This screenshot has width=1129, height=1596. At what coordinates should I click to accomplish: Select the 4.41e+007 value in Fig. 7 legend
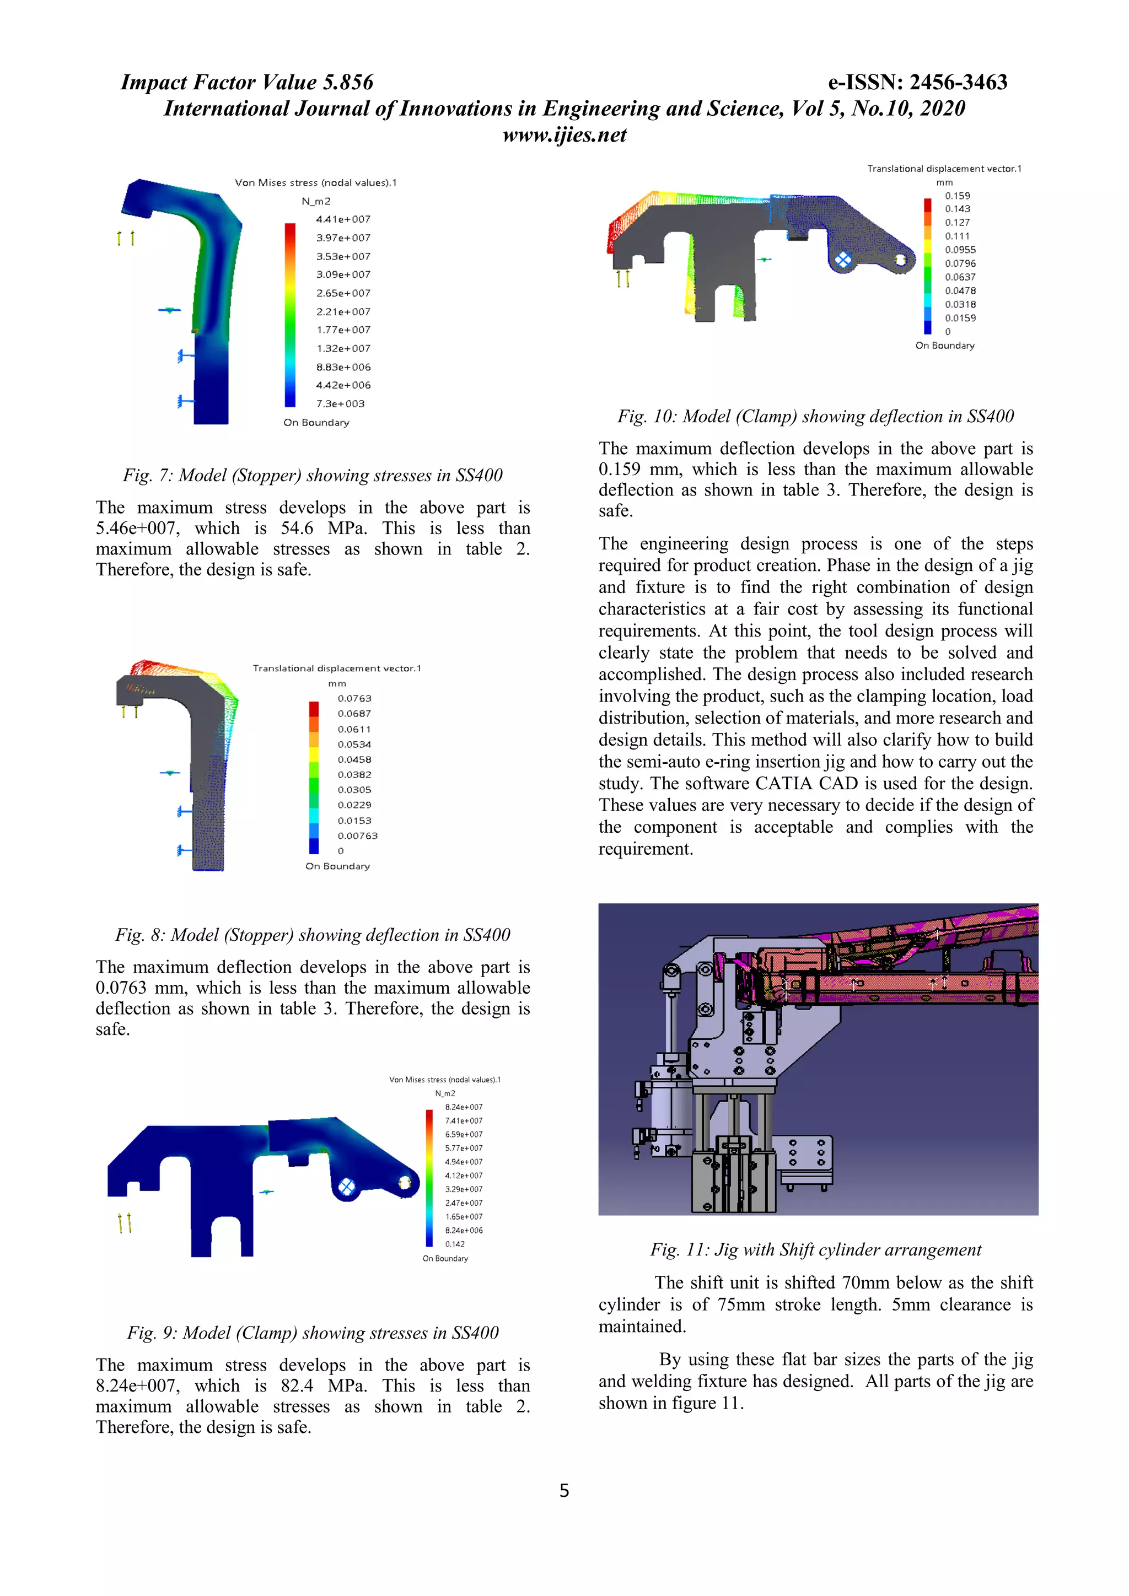pyautogui.click(x=343, y=219)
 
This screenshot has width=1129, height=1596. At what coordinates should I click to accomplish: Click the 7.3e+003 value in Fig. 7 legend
pyautogui.click(x=340, y=404)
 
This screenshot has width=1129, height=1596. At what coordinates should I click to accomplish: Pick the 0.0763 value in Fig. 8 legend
pyautogui.click(x=354, y=698)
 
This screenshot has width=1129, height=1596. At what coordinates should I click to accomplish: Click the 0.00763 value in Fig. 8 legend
pyautogui.click(x=357, y=835)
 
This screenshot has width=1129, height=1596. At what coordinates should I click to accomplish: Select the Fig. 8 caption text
pyautogui.click(x=312, y=934)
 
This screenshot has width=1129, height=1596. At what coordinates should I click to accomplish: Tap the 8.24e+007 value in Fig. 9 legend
pyautogui.click(x=463, y=1107)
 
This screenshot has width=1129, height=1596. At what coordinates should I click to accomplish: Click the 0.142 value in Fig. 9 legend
pyautogui.click(x=455, y=1244)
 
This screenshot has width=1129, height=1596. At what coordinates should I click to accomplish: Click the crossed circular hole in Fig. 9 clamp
pyautogui.click(x=346, y=1187)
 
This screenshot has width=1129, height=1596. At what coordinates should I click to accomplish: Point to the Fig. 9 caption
pyautogui.click(x=312, y=1333)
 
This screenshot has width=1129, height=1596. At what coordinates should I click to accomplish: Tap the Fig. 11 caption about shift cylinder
pyautogui.click(x=815, y=1249)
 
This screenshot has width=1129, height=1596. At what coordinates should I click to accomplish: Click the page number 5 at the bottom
pyautogui.click(x=564, y=1490)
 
